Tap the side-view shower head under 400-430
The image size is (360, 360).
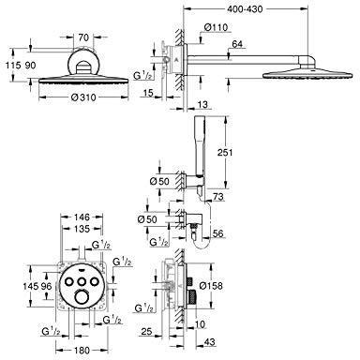300,74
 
